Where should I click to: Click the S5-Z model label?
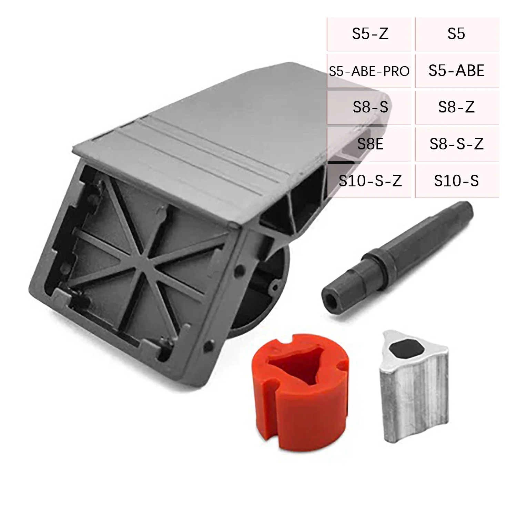coord(370,34)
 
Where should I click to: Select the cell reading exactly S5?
coord(456,34)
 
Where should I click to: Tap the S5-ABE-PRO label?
coord(369,71)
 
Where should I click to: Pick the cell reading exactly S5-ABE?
coord(456,71)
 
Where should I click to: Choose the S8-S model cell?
coord(370,108)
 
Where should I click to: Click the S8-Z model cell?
coord(456,108)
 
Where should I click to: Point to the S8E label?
coord(370,144)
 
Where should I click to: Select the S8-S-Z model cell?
coord(456,144)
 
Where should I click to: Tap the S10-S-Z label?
coord(370,181)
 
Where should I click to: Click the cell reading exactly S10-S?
coord(456,181)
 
